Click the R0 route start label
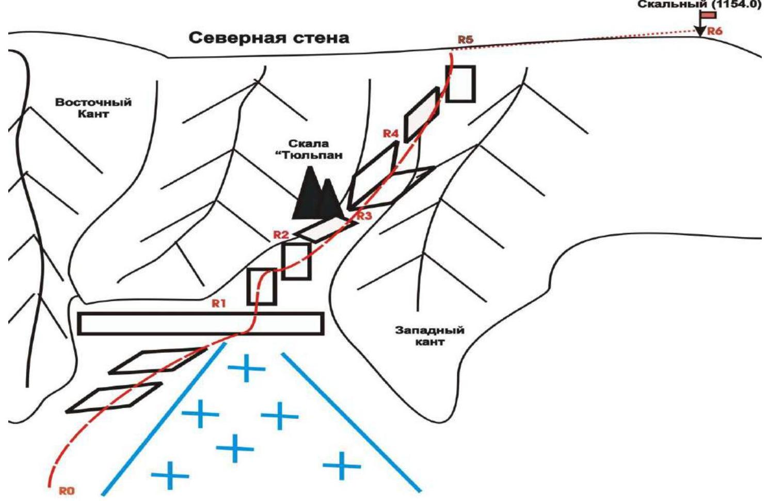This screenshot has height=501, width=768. (x=67, y=491)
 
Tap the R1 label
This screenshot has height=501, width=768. (x=219, y=303)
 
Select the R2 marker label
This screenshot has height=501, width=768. (x=281, y=235)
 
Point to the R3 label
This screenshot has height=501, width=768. (x=364, y=216)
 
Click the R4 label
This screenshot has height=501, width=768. (x=391, y=134)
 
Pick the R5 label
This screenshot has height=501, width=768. (x=465, y=40)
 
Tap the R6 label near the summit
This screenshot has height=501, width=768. (x=715, y=31)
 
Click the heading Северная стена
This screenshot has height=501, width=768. (x=268, y=38)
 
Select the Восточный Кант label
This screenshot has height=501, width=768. (x=93, y=108)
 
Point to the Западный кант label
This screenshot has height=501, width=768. (x=429, y=335)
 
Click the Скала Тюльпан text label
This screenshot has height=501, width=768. (x=309, y=149)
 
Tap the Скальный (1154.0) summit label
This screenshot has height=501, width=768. (x=698, y=5)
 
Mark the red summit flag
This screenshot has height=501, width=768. (x=708, y=15)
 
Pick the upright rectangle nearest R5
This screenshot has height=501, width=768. (x=460, y=84)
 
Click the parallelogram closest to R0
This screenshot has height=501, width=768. (x=114, y=397)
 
